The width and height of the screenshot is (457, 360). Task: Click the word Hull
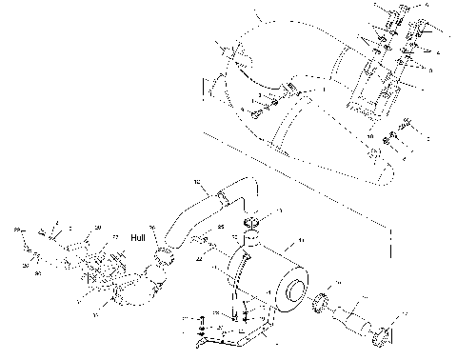140,239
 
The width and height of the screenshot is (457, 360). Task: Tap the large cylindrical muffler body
267,281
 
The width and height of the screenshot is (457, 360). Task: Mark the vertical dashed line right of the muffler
389,243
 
